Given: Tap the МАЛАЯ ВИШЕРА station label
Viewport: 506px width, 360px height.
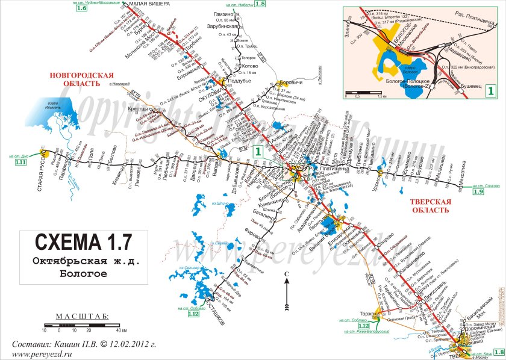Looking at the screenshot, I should click(117, 4).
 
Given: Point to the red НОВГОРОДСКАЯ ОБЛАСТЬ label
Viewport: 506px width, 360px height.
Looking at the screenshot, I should click(82, 79).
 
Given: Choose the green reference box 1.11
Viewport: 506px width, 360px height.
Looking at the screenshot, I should click(22, 163).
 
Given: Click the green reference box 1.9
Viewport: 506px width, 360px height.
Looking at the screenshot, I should click(478, 192).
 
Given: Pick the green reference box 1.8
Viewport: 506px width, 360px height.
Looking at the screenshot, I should click(498, 353).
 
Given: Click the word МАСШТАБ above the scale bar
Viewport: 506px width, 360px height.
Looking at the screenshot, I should click(81, 316).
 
